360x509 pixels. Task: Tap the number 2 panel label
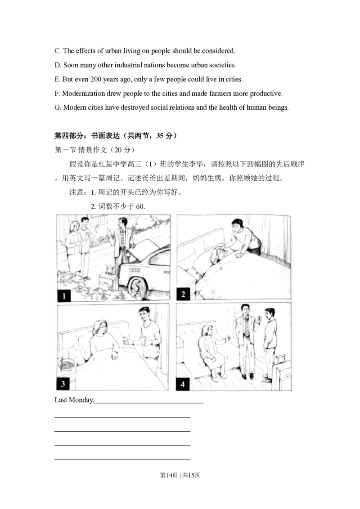click(x=183, y=295)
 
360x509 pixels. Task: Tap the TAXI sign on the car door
click(x=135, y=270)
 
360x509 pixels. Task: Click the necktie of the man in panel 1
click(x=122, y=239)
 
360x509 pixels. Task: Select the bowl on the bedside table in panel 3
click(x=67, y=364)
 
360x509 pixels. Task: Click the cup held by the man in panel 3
click(x=145, y=341)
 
